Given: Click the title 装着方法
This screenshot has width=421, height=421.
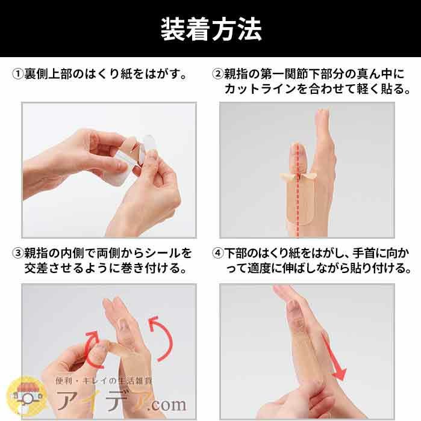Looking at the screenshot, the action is click(211, 29).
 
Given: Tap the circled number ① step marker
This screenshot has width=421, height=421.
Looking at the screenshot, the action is click(18, 74).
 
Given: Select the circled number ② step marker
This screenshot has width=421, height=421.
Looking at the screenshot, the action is click(218, 74).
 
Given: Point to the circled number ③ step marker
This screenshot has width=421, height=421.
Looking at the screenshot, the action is click(18, 253).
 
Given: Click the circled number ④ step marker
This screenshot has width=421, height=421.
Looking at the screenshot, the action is click(218, 253).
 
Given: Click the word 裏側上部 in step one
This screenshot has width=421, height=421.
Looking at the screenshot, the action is click(48, 74).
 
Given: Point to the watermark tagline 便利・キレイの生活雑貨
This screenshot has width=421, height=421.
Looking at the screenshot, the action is click(104, 381).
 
